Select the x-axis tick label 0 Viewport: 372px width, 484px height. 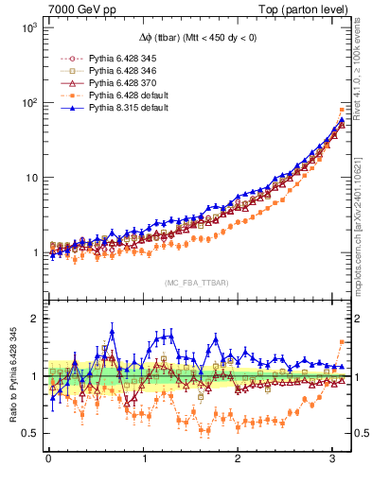47,460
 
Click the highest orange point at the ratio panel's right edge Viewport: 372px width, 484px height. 342,341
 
